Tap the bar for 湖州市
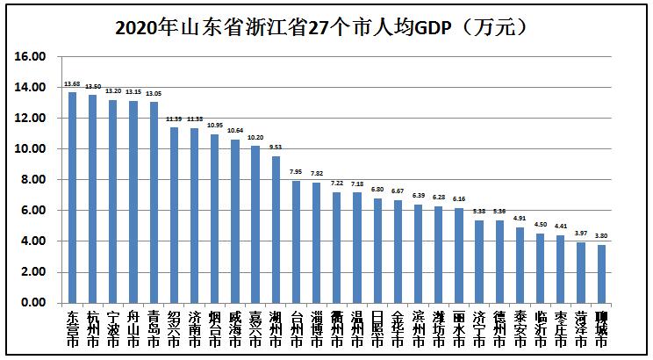(x=275, y=229)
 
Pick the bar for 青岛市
(x=153, y=202)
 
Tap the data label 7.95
(x=296, y=173)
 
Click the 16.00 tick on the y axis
(x=31, y=57)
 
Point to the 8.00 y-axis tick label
(x=31, y=180)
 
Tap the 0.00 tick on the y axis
(x=31, y=303)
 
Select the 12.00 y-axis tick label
(x=31, y=119)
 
